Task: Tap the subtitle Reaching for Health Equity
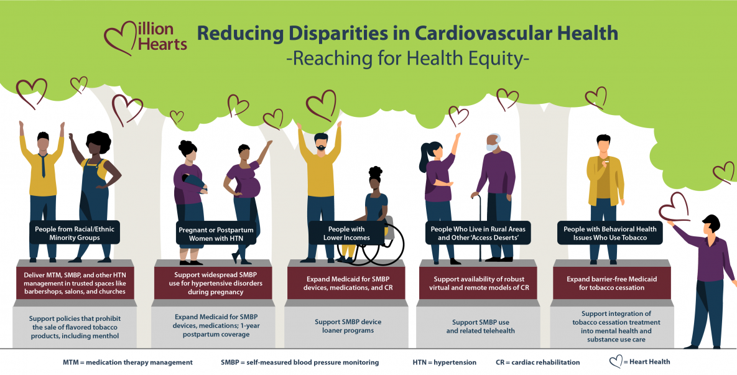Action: (407, 60)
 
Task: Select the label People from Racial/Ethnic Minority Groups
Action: (75, 233)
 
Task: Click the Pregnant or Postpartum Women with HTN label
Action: (216, 234)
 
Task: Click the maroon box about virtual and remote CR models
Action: (480, 282)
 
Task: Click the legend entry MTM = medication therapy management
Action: (127, 362)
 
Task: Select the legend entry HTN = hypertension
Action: (444, 362)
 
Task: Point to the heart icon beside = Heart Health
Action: (615, 361)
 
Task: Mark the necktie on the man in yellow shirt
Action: (44, 164)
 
